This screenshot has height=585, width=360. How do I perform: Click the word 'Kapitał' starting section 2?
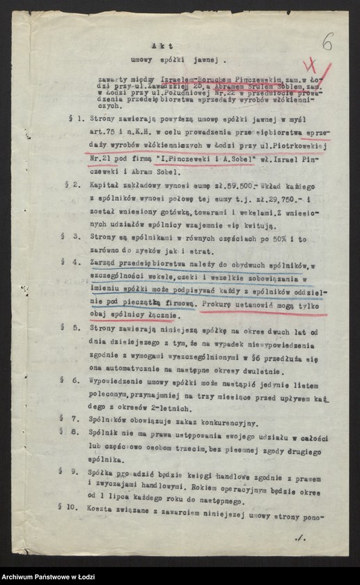click(106, 186)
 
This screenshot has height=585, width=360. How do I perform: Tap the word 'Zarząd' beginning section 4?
click(105, 263)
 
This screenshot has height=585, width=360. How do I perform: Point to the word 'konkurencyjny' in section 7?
click(227, 423)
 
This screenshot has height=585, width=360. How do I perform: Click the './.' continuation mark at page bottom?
click(300, 537)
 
